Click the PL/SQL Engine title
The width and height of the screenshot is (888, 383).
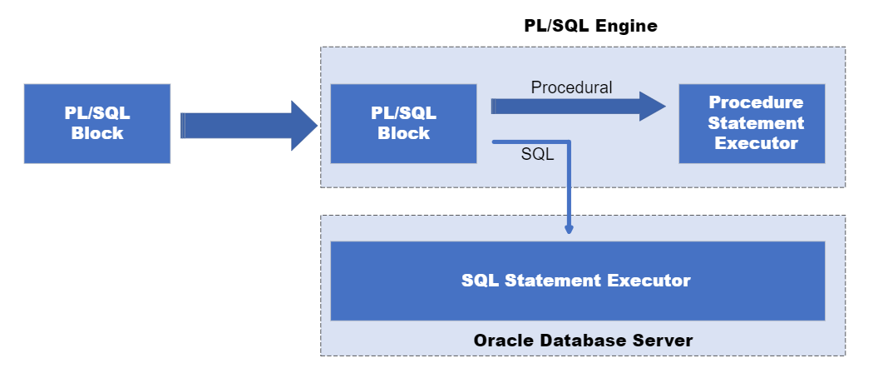590,26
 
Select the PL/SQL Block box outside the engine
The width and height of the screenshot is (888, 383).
97,123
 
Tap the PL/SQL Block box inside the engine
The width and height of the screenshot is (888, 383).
403,123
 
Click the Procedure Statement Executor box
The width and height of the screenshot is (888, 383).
752,123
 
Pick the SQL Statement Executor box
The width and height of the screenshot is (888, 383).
577,281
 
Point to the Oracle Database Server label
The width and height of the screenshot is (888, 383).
583,341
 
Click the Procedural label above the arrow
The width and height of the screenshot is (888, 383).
571,87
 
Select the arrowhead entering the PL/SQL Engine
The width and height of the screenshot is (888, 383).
304,126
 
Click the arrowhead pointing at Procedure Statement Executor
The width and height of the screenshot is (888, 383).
653,106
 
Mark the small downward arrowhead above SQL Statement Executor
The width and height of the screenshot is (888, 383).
569,229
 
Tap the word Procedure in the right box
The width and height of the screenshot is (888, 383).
756,102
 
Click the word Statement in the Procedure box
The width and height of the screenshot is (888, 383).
756,123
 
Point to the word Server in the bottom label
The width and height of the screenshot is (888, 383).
667,341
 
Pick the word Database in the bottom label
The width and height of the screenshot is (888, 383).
586,341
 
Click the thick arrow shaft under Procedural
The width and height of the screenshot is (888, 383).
565,106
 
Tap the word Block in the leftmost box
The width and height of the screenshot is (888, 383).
97,133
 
